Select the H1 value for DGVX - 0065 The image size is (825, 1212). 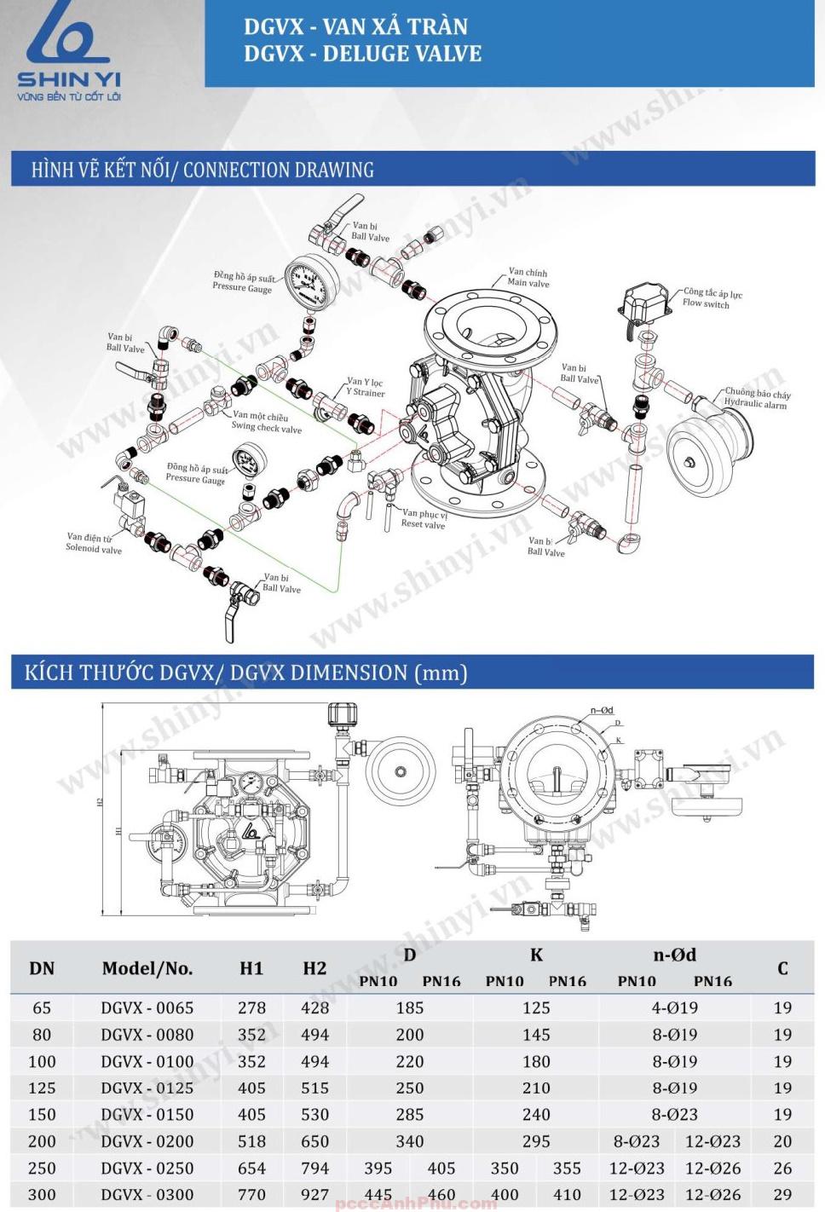(251, 1007)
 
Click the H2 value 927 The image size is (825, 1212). (314, 1195)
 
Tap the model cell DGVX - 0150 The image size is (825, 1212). (147, 1115)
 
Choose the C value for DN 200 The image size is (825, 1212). (782, 1141)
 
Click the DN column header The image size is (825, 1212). (42, 968)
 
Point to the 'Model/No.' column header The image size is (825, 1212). (147, 968)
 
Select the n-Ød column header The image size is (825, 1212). (674, 955)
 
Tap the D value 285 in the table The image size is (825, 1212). (409, 1115)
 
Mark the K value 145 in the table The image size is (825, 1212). (535, 1035)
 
